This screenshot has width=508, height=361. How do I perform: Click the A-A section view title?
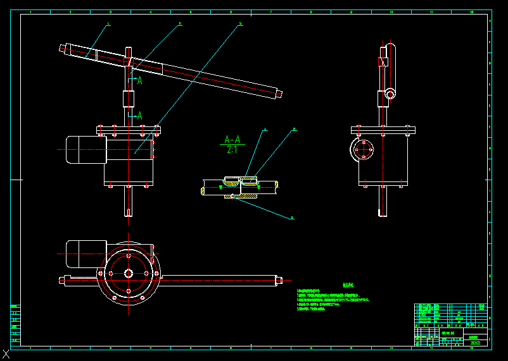point(232,139)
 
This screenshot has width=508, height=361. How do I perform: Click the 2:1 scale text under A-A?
point(232,150)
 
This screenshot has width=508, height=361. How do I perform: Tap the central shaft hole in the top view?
point(129,273)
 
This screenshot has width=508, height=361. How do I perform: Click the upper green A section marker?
point(139,80)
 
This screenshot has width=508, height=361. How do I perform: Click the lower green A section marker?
point(139,116)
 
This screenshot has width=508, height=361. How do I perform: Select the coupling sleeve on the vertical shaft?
point(129,100)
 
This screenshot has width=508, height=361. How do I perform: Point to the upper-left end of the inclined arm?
point(64,48)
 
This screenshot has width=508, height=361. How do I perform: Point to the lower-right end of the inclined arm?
point(278,94)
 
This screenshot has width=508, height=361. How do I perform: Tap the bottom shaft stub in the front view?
point(129,202)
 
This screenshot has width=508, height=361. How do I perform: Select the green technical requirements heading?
point(348,285)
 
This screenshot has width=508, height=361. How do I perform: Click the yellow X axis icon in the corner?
point(6,355)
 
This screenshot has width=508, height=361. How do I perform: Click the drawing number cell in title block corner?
point(475,343)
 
